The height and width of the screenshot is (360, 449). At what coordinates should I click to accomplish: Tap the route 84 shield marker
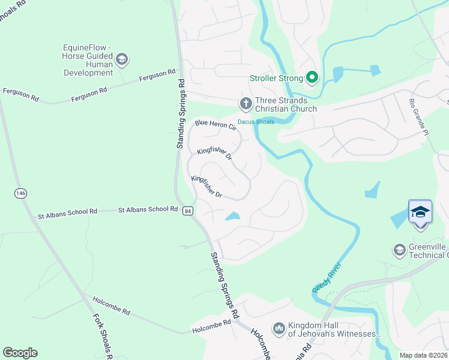(188, 211)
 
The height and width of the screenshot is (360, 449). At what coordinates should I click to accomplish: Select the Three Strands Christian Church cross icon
(246, 104)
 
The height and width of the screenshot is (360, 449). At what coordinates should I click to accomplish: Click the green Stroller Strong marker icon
(312, 77)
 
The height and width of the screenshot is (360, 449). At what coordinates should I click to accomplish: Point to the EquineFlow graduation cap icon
(122, 59)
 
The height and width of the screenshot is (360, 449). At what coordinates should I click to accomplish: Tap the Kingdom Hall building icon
(279, 328)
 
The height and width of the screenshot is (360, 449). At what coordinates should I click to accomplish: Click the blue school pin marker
(420, 213)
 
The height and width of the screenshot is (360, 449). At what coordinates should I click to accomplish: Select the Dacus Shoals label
(256, 122)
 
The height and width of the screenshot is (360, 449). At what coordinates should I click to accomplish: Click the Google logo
(20, 353)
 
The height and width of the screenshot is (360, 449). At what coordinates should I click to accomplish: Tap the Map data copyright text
(424, 355)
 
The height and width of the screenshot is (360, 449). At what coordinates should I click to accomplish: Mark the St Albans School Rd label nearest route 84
(148, 209)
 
